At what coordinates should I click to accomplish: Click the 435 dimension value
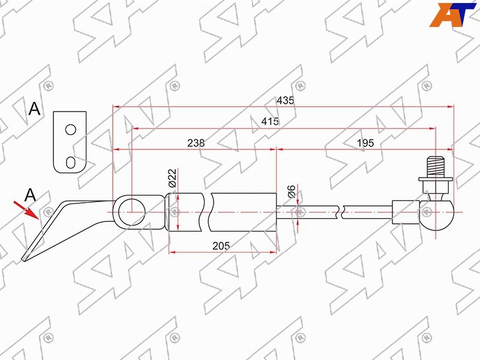coord(285,100)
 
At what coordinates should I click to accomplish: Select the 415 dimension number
coord(270,122)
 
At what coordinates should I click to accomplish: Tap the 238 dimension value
coord(196,143)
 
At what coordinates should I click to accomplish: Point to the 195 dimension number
coord(365,143)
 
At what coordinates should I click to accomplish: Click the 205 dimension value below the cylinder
coord(221,245)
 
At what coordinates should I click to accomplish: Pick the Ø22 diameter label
coord(172,178)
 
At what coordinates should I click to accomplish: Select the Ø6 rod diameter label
coord(292,191)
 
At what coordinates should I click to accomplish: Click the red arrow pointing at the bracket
coord(26,211)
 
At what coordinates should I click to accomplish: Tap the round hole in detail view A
coord(71,130)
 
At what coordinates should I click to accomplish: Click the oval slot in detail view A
coord(71,163)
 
